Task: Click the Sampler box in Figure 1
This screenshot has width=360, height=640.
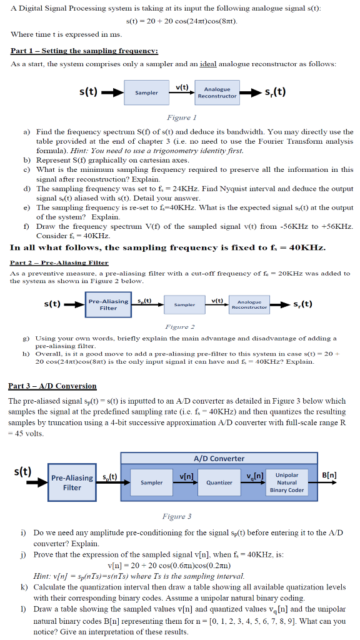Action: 146,92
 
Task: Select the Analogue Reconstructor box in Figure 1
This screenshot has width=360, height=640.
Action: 217,92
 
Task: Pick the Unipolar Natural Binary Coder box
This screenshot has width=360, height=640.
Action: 286,482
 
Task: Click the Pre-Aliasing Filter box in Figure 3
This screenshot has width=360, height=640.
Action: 72,482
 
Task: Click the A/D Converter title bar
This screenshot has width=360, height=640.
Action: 219,458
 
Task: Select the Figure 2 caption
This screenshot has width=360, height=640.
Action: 179,327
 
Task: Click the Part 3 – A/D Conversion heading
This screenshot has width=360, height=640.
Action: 52,386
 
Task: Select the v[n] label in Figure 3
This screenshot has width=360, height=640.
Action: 186,477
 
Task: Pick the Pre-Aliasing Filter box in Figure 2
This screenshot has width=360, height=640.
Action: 108,304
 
